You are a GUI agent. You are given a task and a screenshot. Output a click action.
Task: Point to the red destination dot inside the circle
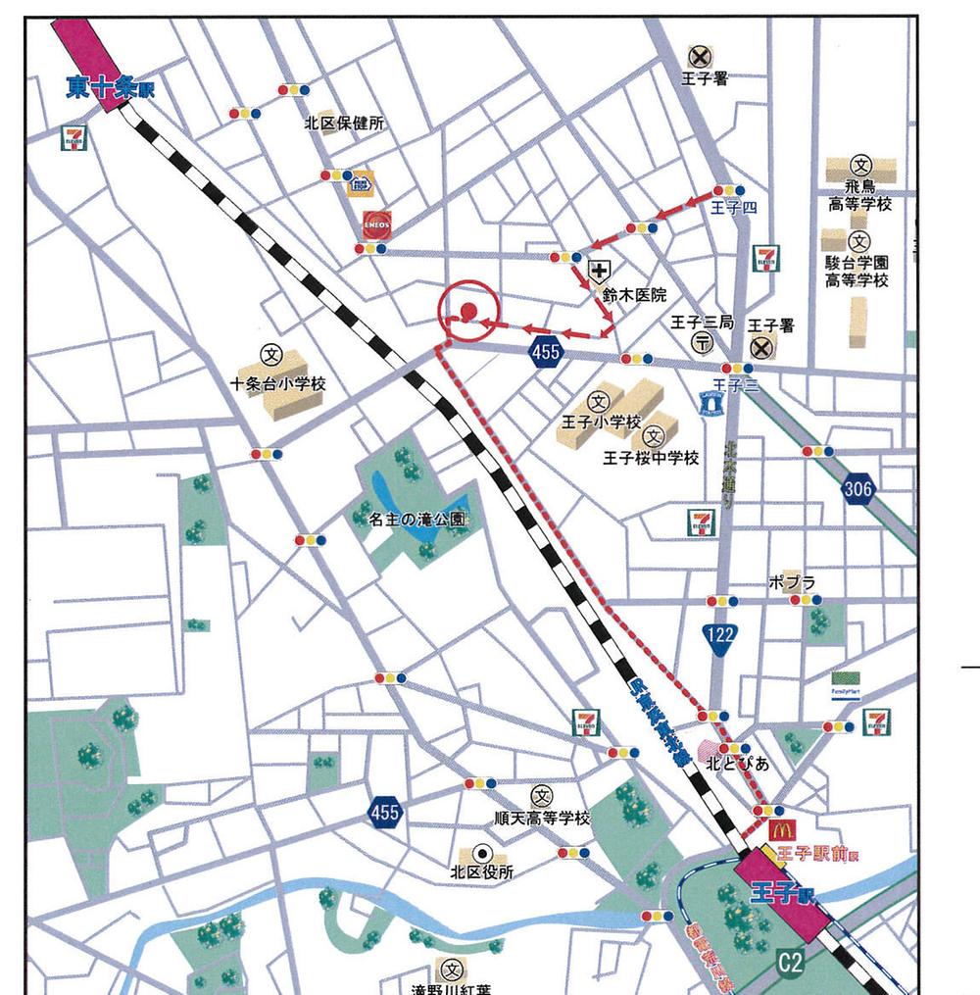(x=467, y=312)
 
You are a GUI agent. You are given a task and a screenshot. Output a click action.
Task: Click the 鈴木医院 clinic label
(x=635, y=294)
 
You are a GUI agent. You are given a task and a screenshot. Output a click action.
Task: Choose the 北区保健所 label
(x=344, y=124)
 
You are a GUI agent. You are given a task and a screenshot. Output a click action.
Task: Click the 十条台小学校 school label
(x=277, y=384)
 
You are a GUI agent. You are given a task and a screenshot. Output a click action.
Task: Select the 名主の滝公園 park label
(x=417, y=521)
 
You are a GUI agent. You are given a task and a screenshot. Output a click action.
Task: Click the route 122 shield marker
(x=720, y=635)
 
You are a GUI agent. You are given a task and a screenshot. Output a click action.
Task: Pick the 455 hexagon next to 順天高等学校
(x=385, y=812)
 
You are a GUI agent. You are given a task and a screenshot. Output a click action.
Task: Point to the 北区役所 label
(x=481, y=871)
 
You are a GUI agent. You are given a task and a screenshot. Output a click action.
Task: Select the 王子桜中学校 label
(x=651, y=458)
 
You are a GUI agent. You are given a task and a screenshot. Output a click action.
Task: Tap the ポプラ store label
(x=792, y=582)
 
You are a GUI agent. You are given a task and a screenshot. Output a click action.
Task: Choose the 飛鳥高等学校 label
(x=859, y=195)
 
